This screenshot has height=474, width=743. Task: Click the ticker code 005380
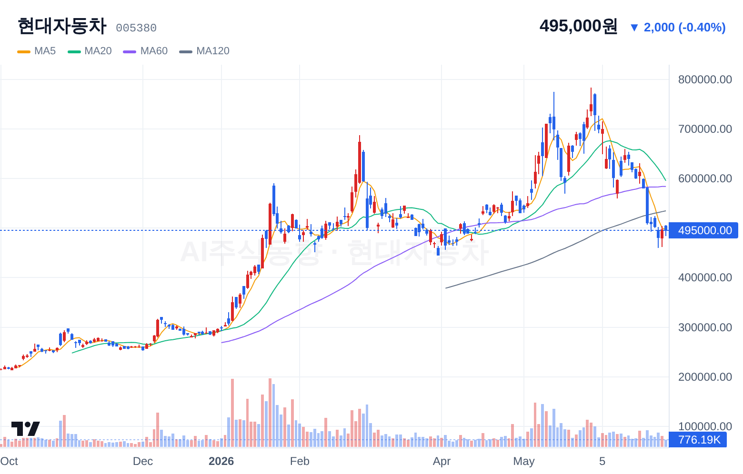136,28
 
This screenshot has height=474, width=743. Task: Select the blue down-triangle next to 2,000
634,28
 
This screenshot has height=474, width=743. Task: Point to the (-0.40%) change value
702,27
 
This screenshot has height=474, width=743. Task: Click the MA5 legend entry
37,51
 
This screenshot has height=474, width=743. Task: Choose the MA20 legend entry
90,51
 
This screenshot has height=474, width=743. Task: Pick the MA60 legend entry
145,51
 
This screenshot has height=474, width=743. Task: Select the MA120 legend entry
204,51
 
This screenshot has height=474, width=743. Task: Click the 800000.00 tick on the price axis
705,79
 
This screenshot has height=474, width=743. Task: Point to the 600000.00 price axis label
705,178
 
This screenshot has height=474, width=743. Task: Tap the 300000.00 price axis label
705,327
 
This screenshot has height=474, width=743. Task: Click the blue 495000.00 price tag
703,230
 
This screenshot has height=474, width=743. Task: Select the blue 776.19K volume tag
698,440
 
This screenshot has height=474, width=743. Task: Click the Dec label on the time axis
142,461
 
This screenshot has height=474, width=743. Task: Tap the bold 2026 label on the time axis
221,461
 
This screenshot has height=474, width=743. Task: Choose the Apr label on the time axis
442,461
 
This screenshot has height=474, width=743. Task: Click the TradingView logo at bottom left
26,429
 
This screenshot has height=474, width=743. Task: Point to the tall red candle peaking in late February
360,159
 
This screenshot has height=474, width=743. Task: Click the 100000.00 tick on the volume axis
705,426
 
